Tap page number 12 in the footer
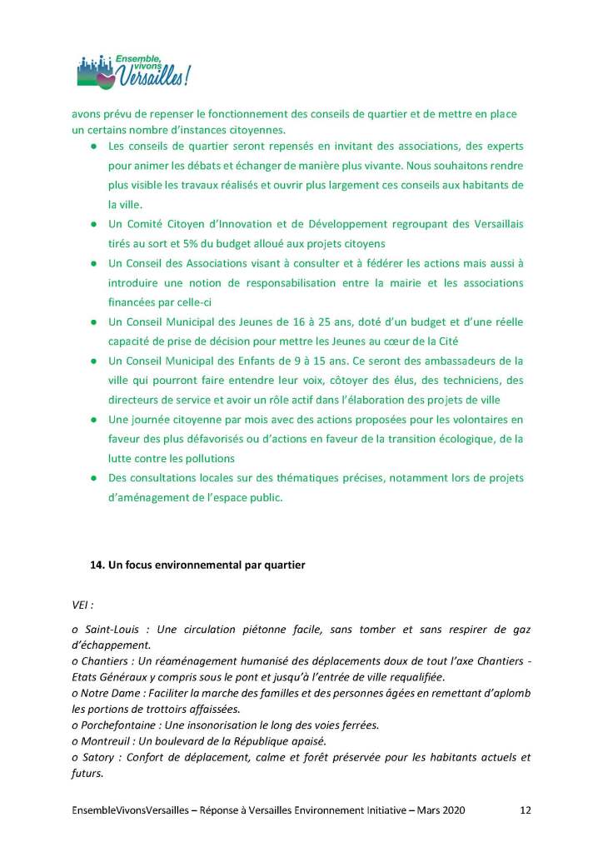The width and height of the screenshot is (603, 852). [x=525, y=810]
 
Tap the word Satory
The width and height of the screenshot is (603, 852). [x=97, y=757]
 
